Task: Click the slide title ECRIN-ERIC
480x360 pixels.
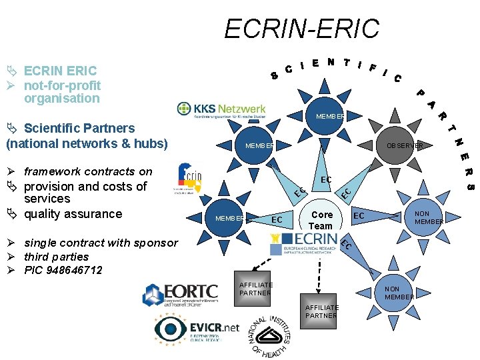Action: pyautogui.click(x=301, y=29)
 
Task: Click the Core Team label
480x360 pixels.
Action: pyautogui.click(x=322, y=220)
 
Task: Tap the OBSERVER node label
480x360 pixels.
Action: pyautogui.click(x=400, y=145)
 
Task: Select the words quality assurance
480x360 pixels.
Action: pyautogui.click(x=73, y=214)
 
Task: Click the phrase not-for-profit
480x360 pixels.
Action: pyautogui.click(x=62, y=85)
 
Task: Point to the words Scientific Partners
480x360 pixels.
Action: pyautogui.click(x=79, y=128)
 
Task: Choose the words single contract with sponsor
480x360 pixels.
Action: pyautogui.click(x=101, y=243)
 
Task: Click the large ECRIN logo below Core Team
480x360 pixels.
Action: pyautogui.click(x=304, y=245)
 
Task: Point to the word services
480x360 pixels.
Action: pyautogui.click(x=47, y=199)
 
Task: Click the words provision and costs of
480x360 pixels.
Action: pyautogui.click(x=85, y=186)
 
